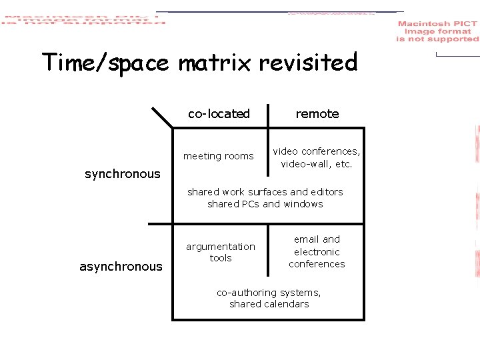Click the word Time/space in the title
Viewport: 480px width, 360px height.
point(105,63)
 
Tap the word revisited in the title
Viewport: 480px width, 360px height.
point(308,63)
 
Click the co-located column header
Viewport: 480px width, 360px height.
point(219,114)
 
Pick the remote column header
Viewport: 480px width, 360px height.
point(317,114)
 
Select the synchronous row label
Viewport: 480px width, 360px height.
point(123,174)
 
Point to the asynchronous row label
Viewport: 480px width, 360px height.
point(121,267)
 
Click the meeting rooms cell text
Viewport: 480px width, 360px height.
point(219,156)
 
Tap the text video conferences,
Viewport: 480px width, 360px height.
point(317,151)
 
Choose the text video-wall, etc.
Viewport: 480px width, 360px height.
point(317,164)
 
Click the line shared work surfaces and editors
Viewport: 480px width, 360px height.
point(265,192)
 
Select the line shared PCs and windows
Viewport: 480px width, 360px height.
point(265,204)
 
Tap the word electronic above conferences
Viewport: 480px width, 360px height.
point(317,252)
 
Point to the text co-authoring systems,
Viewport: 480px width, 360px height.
point(269,292)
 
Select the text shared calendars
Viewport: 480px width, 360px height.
point(269,304)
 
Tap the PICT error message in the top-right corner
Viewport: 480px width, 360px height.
point(437,31)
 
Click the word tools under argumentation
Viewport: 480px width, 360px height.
point(221,258)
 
